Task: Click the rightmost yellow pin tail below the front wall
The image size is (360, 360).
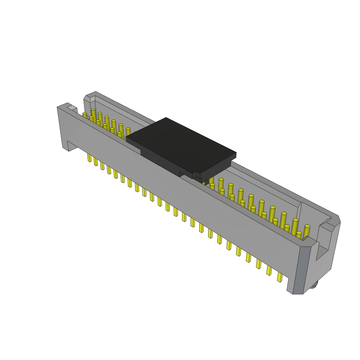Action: pos(280,277)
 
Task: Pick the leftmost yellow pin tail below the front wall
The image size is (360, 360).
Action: pos(89,157)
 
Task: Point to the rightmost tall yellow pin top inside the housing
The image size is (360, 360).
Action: pos(307,227)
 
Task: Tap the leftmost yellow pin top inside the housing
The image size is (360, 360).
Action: pos(84,114)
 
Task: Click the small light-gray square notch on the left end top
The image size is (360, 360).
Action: pos(72,108)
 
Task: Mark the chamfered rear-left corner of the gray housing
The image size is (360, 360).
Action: pos(87,98)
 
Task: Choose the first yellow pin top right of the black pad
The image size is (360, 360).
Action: pos(211,179)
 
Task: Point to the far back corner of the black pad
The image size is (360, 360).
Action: pos(166,118)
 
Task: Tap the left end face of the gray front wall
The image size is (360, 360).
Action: pos(63,127)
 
